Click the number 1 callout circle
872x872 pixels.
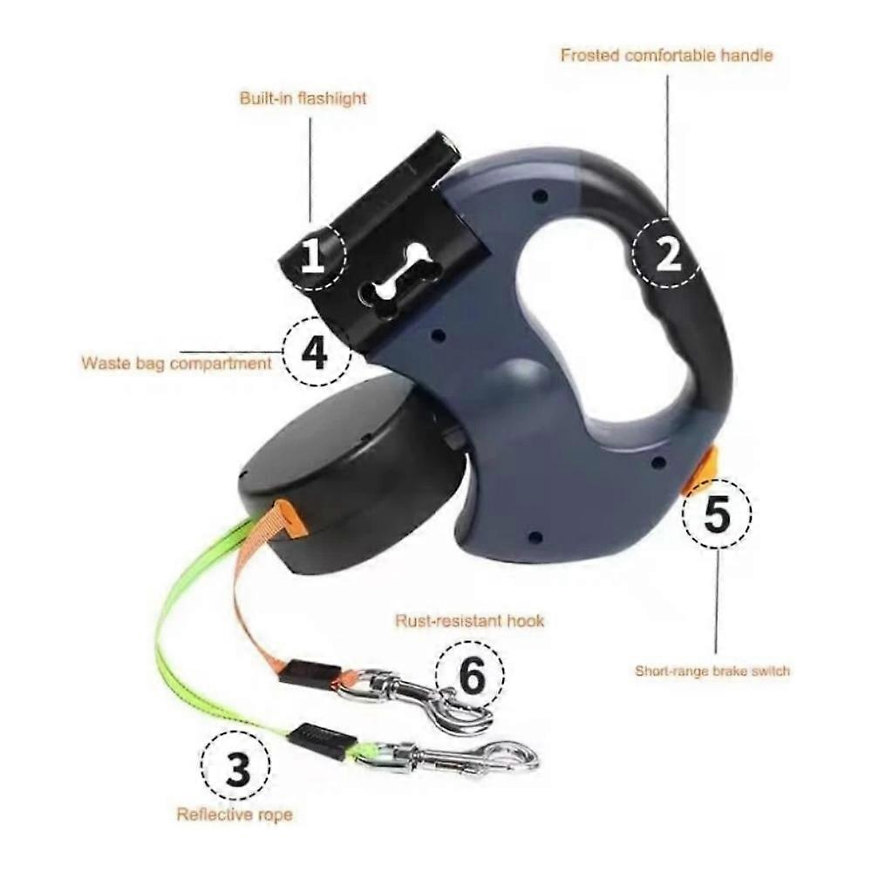tap(312, 255)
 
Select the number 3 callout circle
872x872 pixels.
tap(235, 766)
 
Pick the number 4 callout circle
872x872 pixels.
tap(316, 351)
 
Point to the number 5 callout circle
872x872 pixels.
tap(717, 512)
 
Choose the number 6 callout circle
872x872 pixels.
tap(471, 675)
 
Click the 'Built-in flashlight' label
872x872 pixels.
tap(303, 99)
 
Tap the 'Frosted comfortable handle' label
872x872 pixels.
tap(667, 55)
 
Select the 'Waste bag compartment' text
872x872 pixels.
tap(177, 363)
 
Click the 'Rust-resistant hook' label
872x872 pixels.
tap(469, 620)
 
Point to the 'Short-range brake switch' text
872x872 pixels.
tap(712, 671)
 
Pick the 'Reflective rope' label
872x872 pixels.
tap(235, 814)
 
